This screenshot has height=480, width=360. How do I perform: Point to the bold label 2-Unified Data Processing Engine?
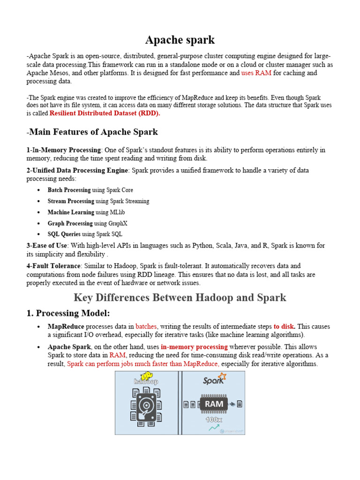(77, 170)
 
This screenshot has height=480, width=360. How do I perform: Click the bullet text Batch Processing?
(69, 190)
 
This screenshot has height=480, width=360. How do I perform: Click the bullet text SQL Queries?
(64, 234)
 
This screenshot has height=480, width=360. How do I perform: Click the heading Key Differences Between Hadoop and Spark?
(180, 298)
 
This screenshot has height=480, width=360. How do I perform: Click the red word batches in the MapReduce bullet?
(147, 326)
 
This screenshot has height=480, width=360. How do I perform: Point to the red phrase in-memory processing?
(194, 347)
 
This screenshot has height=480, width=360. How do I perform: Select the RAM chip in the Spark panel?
(214, 403)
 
